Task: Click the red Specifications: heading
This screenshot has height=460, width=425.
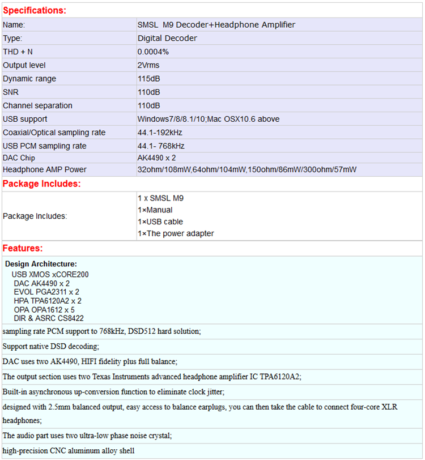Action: coord(35,10)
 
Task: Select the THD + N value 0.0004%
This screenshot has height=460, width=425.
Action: coord(153,52)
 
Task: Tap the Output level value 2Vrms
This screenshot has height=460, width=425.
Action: coord(148,65)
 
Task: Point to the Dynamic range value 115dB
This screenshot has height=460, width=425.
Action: coord(148,79)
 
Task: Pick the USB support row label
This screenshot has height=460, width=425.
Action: coord(25,119)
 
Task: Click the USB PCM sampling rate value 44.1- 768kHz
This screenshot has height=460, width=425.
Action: coord(161,146)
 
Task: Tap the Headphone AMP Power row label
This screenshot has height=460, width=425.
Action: coord(45,169)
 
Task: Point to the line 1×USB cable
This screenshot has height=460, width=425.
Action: coord(160,222)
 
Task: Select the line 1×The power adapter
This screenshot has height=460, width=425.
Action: coord(176,233)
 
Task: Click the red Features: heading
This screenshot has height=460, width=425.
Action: coord(23,248)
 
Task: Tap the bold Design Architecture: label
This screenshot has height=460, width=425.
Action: coord(41,264)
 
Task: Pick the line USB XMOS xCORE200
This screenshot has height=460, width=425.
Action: coord(50,274)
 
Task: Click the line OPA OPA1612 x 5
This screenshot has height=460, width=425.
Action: coord(44,310)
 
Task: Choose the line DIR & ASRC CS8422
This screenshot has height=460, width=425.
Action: coord(49,318)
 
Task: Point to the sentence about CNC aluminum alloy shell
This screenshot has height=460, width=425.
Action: coord(69,451)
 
